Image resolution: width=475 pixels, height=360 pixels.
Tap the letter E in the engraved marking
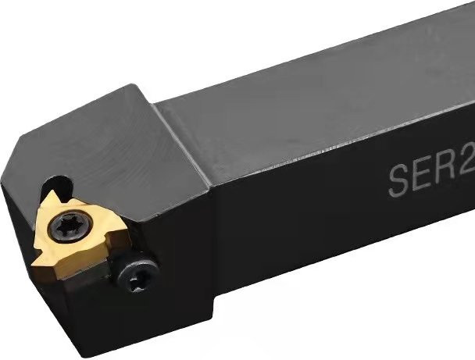423,175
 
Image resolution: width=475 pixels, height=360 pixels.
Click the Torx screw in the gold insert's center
71,226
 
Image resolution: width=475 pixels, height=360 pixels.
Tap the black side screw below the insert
138,275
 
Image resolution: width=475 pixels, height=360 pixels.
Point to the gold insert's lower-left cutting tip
37,264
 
